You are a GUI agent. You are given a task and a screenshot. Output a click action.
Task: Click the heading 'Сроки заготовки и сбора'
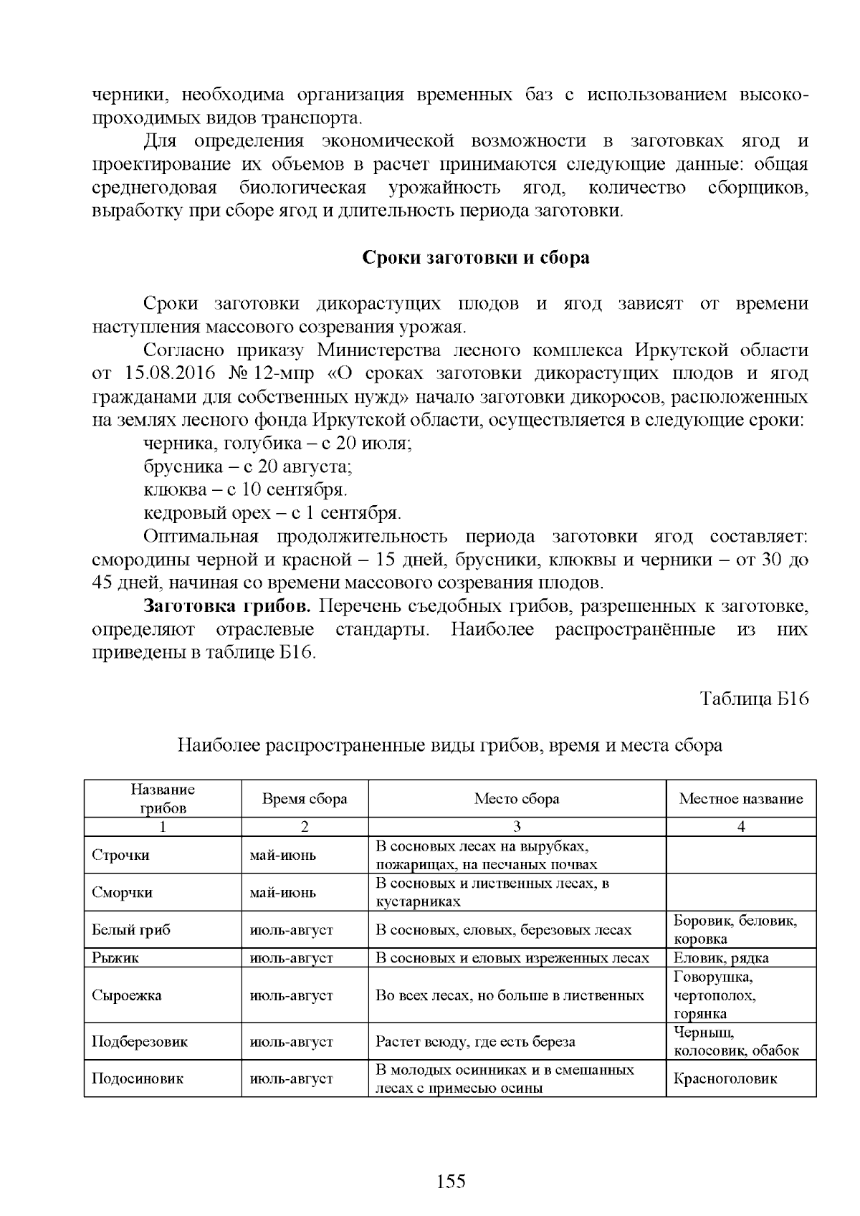pos(475,257)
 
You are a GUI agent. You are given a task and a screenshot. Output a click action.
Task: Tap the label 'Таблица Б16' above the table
pos(754,699)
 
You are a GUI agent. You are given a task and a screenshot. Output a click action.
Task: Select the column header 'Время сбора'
pos(305,799)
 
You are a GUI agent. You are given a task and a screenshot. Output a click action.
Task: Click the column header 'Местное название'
pos(741,799)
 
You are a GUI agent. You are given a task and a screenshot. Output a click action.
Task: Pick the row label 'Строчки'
pos(120,856)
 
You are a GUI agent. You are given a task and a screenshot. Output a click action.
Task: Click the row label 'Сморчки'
pos(122,893)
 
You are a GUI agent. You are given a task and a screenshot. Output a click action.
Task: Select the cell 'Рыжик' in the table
pos(115,958)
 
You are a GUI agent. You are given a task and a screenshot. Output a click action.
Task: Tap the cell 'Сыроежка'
pos(126,995)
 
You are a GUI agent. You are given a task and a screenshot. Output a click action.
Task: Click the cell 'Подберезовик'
pos(140,1042)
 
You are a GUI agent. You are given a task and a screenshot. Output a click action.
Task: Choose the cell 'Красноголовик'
pos(725,1079)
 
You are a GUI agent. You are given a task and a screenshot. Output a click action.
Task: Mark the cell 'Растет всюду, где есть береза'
pos(475,1042)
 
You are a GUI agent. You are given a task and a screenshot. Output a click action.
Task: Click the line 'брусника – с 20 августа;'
pos(247,467)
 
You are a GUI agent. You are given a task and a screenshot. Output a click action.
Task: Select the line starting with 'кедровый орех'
pos(272,514)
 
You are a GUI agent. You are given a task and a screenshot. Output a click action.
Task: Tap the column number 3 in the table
pos(517,827)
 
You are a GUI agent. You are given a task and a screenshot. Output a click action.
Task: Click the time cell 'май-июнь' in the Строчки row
pos(282,856)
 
